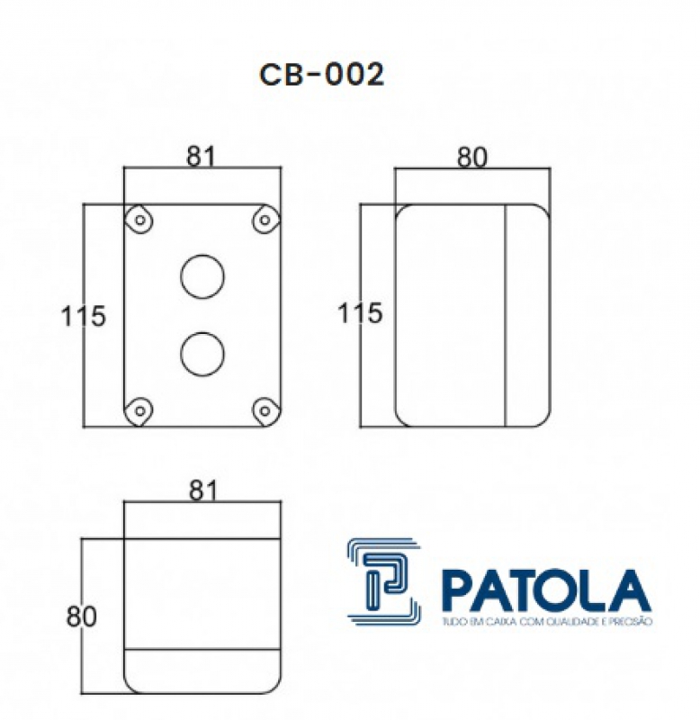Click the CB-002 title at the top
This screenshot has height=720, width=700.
point(321,76)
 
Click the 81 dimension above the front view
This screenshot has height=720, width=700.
point(202,156)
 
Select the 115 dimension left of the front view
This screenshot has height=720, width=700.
point(84,316)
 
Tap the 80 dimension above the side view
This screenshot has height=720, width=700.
point(471,157)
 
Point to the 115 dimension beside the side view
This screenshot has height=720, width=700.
point(360,314)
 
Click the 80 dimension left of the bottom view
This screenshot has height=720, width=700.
point(81,616)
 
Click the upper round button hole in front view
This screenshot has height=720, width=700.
point(202,275)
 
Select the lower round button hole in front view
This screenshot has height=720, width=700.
point(202,354)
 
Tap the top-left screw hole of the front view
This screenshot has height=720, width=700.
point(139,220)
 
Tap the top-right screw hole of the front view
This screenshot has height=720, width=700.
point(265,220)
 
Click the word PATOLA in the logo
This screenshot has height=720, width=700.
point(545,591)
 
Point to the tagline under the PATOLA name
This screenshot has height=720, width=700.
point(545,622)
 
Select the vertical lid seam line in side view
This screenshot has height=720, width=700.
point(506,315)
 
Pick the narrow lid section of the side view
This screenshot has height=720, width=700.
point(527,315)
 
